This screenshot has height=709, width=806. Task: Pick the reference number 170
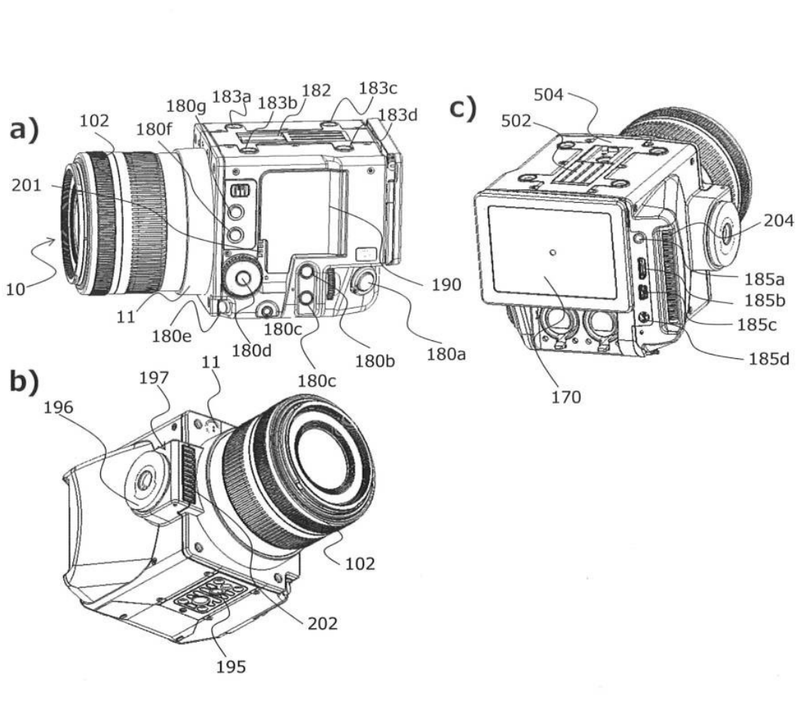(x=565, y=396)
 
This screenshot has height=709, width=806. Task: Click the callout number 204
(x=777, y=221)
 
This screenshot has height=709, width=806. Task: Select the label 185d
(x=769, y=359)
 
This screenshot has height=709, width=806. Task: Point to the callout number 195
(x=231, y=667)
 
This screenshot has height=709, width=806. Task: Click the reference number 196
(x=58, y=407)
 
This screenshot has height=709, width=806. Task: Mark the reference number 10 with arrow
(x=17, y=288)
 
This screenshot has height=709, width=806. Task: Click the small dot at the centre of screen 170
(x=553, y=253)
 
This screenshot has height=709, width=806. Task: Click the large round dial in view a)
(x=243, y=278)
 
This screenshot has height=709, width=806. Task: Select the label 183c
(x=378, y=88)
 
